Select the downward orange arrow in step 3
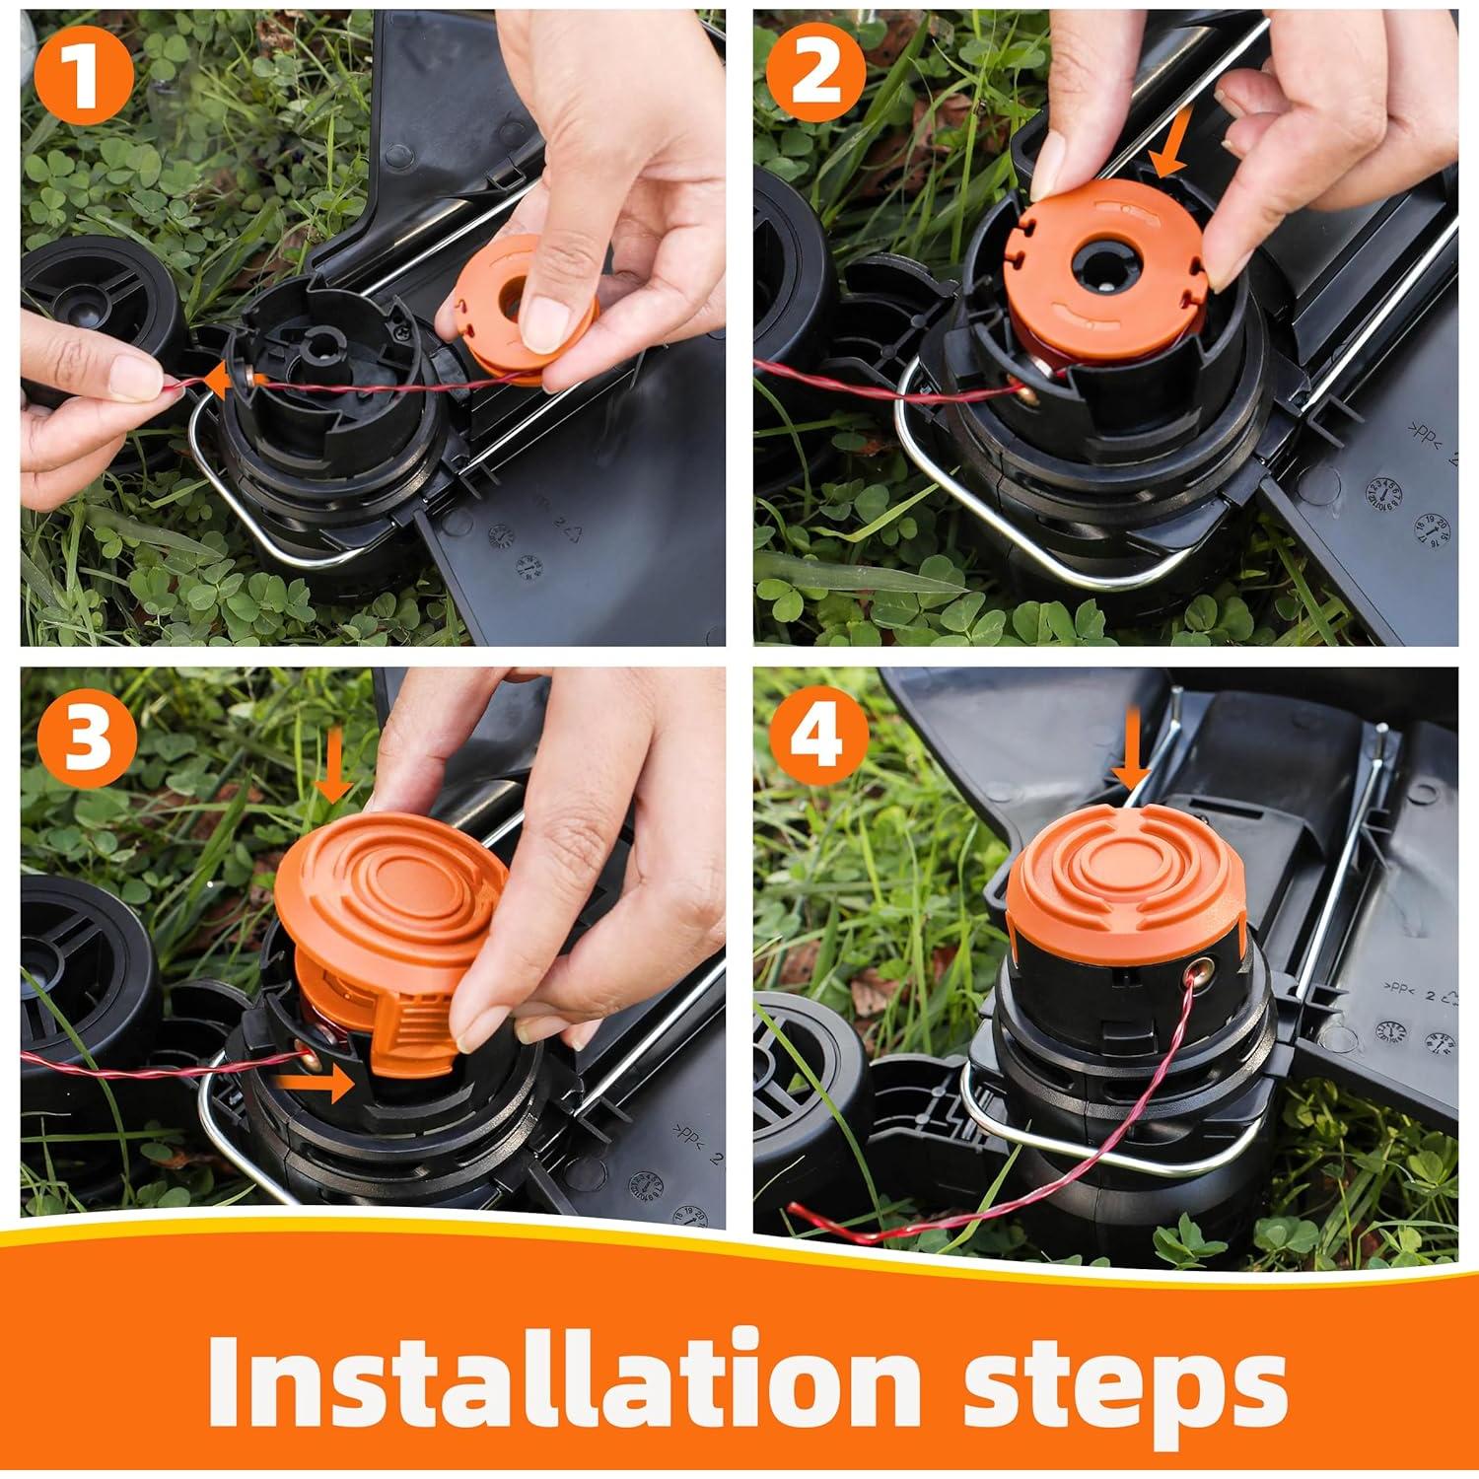[x=333, y=772]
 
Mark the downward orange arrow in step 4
[x=1130, y=755]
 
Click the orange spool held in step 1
[x=518, y=308]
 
